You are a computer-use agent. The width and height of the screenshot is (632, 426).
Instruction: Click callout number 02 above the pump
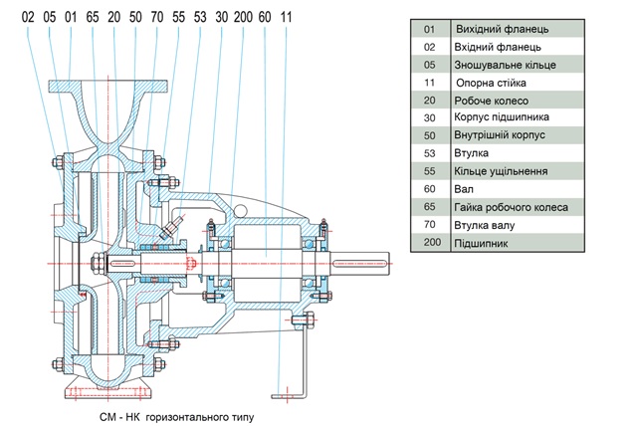pos(27,18)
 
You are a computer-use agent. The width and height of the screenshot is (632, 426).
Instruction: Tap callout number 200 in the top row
pos(242,18)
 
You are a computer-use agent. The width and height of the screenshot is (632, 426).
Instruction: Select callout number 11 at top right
pos(287,18)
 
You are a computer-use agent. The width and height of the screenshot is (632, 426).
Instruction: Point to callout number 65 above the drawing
pos(92,18)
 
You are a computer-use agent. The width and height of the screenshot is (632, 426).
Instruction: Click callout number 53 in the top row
pos(199,18)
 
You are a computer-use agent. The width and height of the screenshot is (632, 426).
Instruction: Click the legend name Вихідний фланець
pos(501,29)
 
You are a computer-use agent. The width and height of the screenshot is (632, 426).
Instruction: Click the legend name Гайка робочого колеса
pos(511,207)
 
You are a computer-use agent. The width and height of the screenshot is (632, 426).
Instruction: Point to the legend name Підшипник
pos(485,243)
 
